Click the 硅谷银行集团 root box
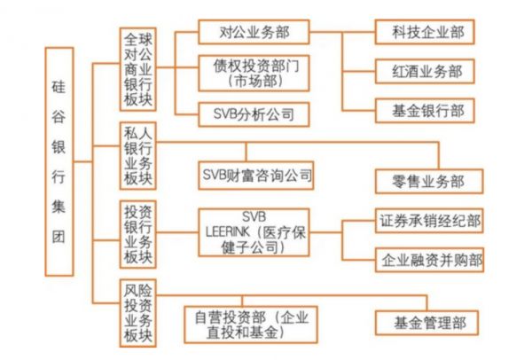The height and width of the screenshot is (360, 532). point(59,164)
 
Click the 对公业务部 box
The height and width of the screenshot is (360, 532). point(253,33)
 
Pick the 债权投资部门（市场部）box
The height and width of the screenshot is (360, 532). point(253,73)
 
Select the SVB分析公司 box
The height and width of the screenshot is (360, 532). point(253,113)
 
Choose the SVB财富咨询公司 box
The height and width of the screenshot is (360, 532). point(256,175)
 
